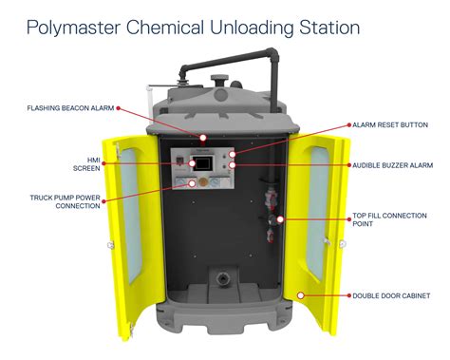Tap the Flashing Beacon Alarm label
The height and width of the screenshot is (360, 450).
point(70,107)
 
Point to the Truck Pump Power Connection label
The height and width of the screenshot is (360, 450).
point(63,203)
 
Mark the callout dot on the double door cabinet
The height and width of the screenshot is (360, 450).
point(300,294)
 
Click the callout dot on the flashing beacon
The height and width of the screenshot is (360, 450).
point(202,138)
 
